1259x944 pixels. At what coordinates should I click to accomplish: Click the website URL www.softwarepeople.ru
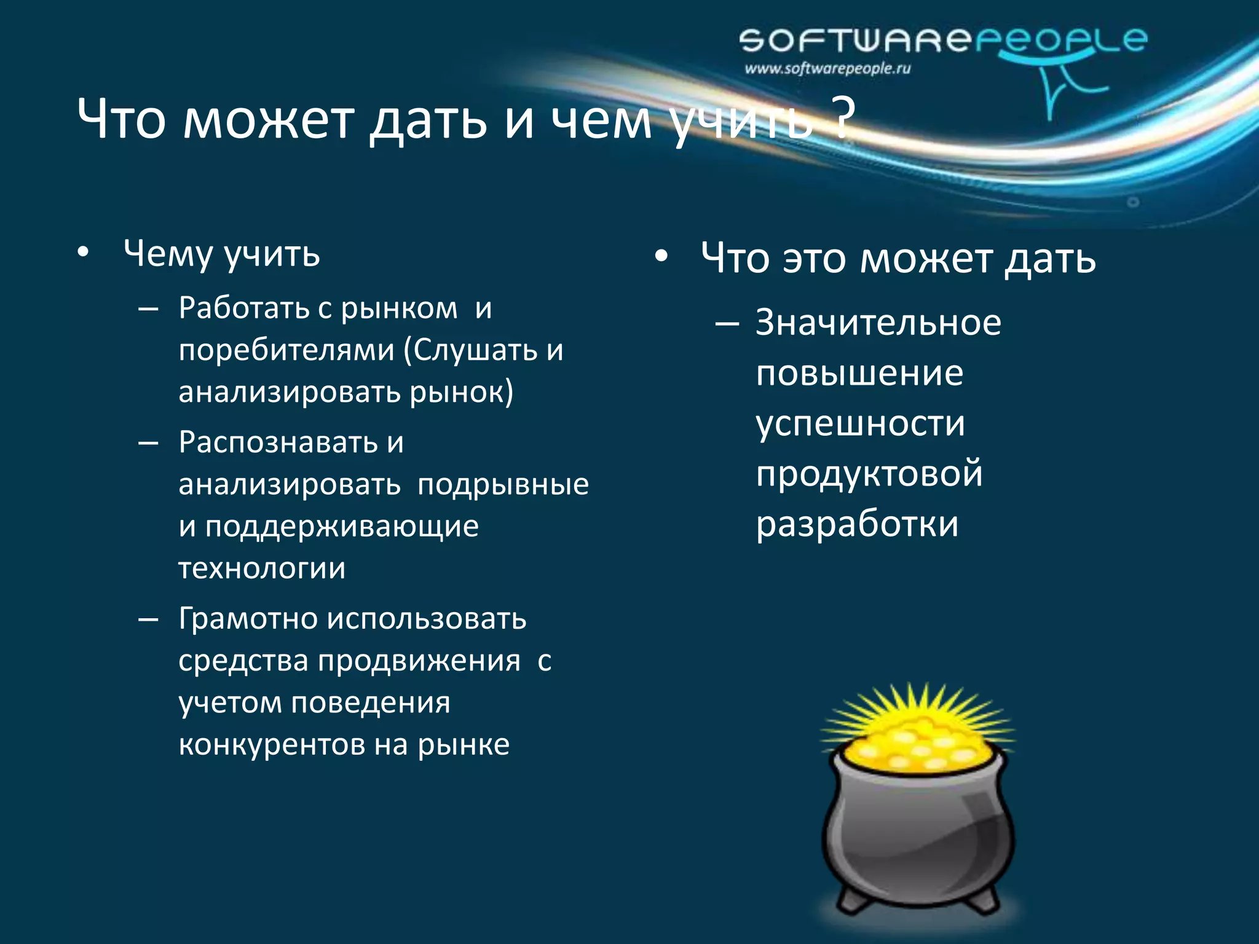pyautogui.click(x=827, y=69)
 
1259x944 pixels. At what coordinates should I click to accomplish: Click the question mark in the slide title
pyautogui.click(x=843, y=117)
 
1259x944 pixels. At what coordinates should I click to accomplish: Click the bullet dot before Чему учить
pyautogui.click(x=84, y=253)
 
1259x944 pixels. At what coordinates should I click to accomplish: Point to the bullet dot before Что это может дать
pyautogui.click(x=661, y=258)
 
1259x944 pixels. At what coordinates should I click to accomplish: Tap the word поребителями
pyautogui.click(x=286, y=351)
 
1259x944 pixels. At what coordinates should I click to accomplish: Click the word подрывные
pyautogui.click(x=503, y=485)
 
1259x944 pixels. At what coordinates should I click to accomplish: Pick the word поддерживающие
pyautogui.click(x=342, y=527)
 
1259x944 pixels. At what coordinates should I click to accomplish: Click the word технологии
pyautogui.click(x=262, y=568)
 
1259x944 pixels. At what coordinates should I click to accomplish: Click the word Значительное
pyautogui.click(x=878, y=323)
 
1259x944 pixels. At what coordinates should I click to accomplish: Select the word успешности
pyautogui.click(x=860, y=424)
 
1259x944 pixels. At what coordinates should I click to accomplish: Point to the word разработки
pyautogui.click(x=857, y=524)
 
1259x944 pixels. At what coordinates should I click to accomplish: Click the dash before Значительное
pyautogui.click(x=727, y=323)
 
